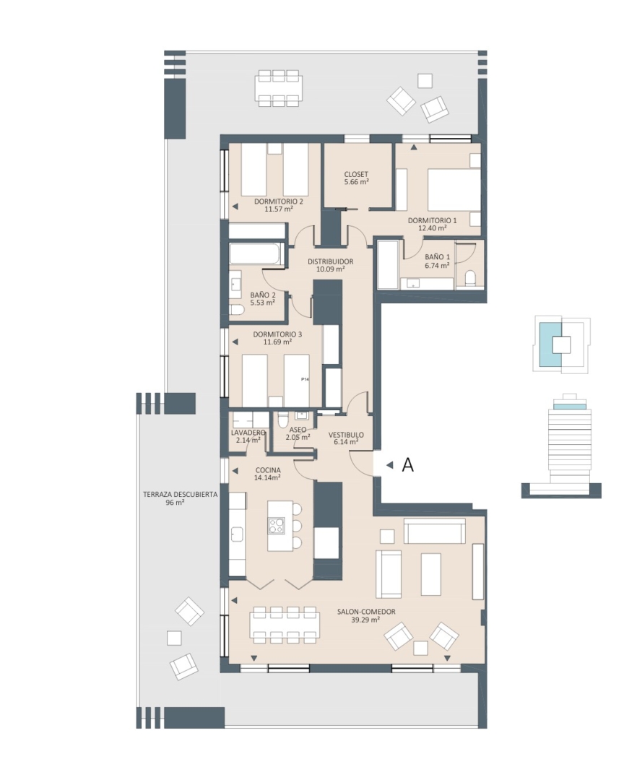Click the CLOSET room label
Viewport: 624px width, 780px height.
click(x=356, y=174)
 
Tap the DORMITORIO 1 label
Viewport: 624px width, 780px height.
click(x=432, y=220)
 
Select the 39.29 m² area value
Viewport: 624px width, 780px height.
click(x=365, y=620)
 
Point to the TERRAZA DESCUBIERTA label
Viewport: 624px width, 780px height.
click(x=180, y=495)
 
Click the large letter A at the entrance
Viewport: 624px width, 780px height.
click(x=407, y=465)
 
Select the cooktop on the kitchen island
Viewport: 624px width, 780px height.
click(x=276, y=526)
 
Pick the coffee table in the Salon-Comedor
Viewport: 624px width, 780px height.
click(x=431, y=574)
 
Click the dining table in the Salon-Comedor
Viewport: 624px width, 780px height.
click(x=285, y=624)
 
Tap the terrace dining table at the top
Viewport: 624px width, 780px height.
click(x=279, y=88)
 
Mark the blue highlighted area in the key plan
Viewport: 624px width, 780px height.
click(x=550, y=343)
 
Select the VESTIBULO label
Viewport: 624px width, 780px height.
click(x=347, y=435)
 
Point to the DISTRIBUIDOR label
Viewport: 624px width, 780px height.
click(x=330, y=261)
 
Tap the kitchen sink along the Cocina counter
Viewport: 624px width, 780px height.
click(x=236, y=535)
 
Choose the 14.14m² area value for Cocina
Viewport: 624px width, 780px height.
click(x=267, y=477)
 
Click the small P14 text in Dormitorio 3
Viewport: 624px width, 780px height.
click(x=305, y=379)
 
